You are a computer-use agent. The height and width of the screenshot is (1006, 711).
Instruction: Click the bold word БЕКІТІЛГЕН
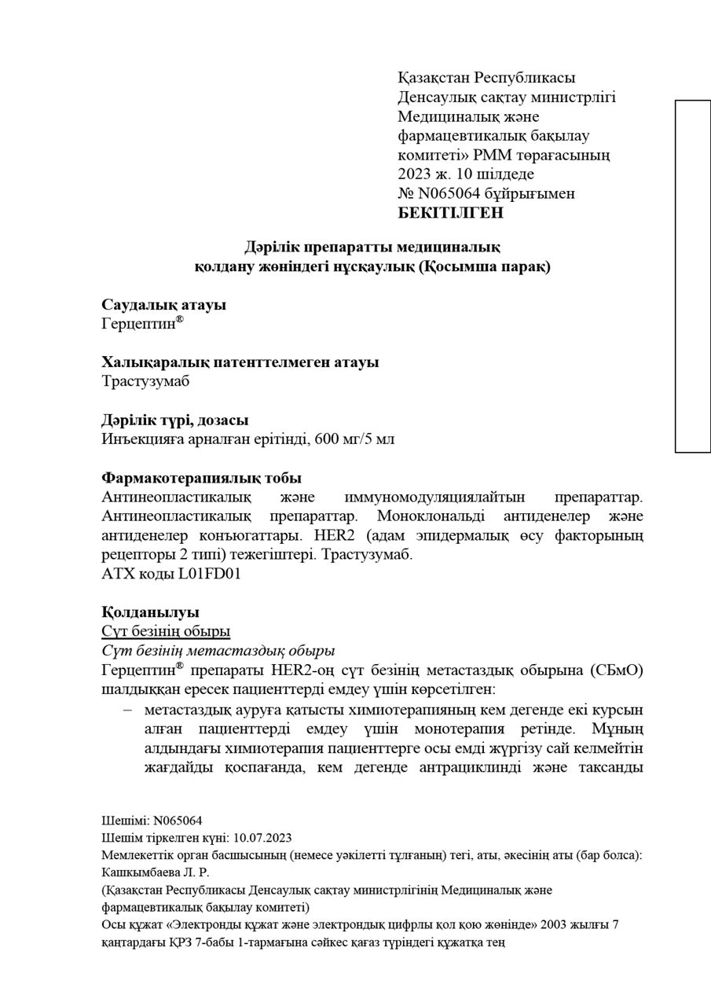pyautogui.click(x=451, y=213)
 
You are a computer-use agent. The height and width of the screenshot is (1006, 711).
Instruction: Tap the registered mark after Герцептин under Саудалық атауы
pyautogui.click(x=180, y=320)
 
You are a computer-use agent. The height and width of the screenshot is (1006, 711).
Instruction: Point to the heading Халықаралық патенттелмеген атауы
pyautogui.click(x=240, y=362)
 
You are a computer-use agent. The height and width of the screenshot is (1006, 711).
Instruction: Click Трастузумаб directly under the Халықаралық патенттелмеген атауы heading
pyautogui.click(x=145, y=382)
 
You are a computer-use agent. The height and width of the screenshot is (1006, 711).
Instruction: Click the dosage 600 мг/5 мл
pyautogui.click(x=354, y=439)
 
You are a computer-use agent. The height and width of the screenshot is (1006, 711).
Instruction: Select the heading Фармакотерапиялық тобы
pyautogui.click(x=201, y=478)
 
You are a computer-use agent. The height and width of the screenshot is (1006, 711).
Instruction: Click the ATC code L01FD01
pyautogui.click(x=209, y=575)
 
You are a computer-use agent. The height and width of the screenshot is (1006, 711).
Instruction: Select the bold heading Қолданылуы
pyautogui.click(x=150, y=612)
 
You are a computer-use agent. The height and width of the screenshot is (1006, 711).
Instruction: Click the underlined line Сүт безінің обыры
pyautogui.click(x=166, y=632)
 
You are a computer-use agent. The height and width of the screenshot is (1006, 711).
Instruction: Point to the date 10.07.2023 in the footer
pyautogui.click(x=262, y=839)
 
